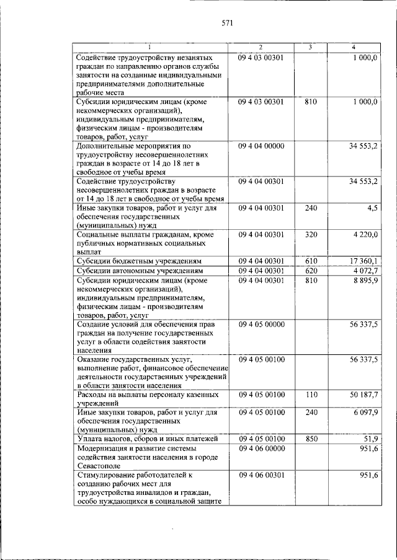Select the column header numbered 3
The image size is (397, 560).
[x=310, y=48]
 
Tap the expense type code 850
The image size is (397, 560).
[x=311, y=439]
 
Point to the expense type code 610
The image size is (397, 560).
[x=311, y=261]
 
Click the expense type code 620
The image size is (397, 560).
[x=311, y=271]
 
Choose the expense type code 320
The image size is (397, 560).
[x=311, y=235]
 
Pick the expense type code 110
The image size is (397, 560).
[x=311, y=394]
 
